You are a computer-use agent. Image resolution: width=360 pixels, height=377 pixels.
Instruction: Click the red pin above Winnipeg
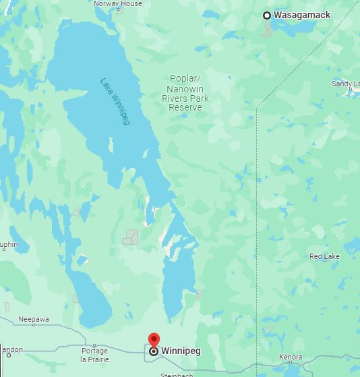point(154,339)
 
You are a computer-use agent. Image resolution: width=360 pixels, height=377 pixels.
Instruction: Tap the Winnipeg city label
point(180,351)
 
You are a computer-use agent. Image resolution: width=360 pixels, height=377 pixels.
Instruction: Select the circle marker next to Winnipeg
point(154,351)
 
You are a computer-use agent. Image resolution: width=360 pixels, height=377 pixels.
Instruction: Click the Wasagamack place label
point(302,15)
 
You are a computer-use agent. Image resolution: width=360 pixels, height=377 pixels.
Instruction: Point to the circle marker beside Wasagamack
point(267,15)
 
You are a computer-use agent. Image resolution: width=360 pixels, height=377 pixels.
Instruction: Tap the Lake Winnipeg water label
point(115,101)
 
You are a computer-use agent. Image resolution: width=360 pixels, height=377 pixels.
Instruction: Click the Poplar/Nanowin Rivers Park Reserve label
point(185,93)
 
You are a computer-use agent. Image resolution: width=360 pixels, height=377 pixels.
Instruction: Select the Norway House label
point(118,3)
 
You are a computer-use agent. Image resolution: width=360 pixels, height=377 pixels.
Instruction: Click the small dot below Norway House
point(119,11)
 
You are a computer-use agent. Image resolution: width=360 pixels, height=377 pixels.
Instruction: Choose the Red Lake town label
point(324,256)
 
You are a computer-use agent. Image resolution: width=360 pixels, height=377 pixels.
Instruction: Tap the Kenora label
point(291,357)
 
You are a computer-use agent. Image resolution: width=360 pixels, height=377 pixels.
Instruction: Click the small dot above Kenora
point(291,349)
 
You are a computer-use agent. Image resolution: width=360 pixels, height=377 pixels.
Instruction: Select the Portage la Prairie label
point(94,355)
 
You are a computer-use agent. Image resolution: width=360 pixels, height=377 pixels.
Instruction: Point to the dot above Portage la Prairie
point(94,344)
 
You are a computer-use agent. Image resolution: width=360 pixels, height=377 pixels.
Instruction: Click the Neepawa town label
point(34,319)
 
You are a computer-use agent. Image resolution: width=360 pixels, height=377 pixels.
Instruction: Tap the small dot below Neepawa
point(34,325)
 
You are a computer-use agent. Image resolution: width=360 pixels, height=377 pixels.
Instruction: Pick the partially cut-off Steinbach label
point(177,374)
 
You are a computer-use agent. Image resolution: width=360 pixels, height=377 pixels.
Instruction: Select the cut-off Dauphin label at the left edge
point(9,244)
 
